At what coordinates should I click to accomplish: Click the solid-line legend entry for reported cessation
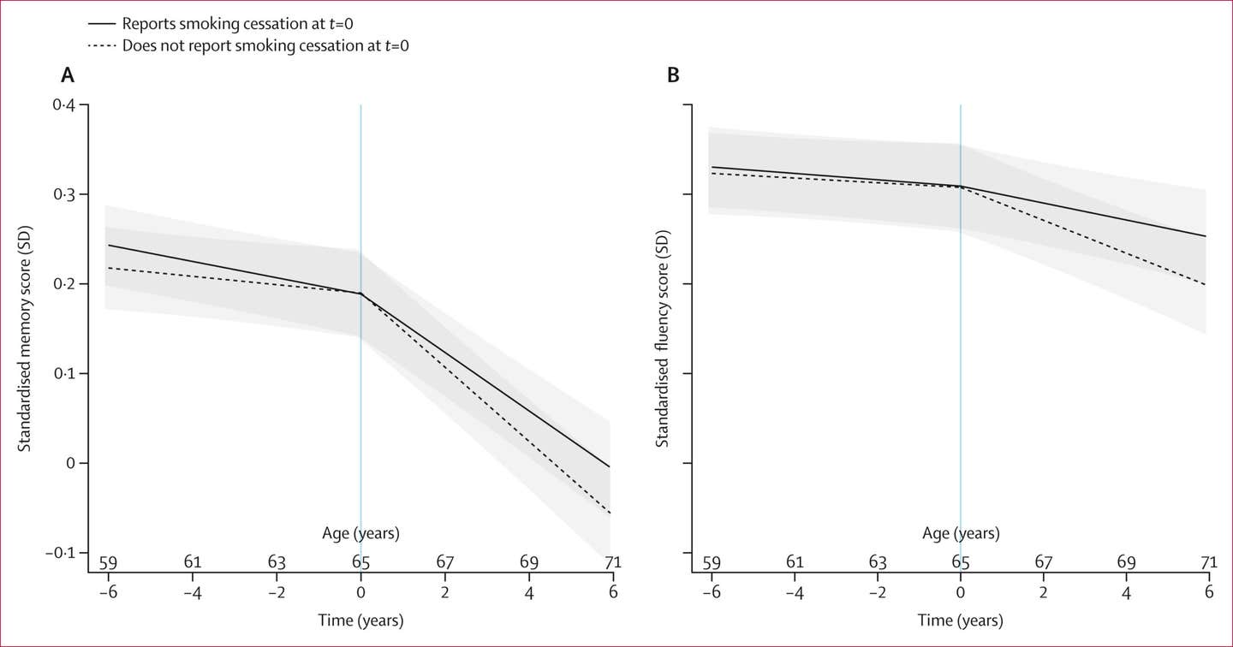click(221, 24)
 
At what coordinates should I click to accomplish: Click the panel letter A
click(67, 74)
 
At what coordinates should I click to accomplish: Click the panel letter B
click(673, 74)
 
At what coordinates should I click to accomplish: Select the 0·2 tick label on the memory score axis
click(64, 284)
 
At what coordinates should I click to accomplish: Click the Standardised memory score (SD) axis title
click(25, 339)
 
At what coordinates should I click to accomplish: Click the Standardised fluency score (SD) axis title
click(662, 339)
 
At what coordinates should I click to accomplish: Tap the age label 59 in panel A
click(109, 562)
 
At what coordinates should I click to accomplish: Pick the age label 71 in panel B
click(1209, 562)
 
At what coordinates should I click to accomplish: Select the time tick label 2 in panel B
click(1043, 592)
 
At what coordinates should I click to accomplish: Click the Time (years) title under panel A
click(361, 620)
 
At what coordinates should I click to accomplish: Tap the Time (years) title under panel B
click(961, 620)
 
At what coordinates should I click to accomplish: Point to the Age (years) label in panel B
click(961, 533)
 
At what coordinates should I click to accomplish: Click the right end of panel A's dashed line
click(610, 513)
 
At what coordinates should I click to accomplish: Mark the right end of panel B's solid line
click(1206, 236)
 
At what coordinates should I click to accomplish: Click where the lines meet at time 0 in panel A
click(361, 294)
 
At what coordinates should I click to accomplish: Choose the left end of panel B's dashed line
click(709, 173)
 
